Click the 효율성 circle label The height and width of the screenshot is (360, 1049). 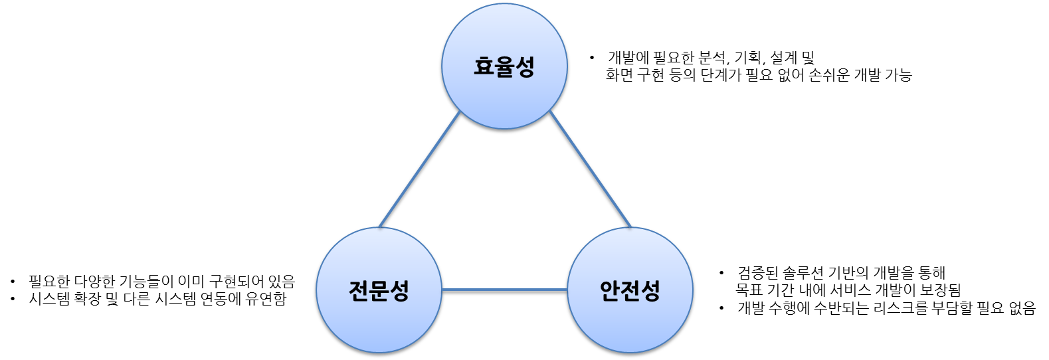click(x=504, y=67)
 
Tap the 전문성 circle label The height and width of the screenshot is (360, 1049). click(x=379, y=291)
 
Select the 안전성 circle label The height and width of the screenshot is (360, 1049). click(x=630, y=291)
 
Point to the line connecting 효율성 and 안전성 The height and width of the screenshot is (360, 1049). click(x=589, y=169)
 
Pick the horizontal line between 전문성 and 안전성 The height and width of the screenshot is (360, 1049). click(x=504, y=291)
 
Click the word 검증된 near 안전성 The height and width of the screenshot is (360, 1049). click(x=755, y=273)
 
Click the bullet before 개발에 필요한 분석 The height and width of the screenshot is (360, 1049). click(x=592, y=58)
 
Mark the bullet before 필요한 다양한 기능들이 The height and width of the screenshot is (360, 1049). click(x=13, y=282)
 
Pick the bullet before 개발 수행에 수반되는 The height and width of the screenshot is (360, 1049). click(x=721, y=308)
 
